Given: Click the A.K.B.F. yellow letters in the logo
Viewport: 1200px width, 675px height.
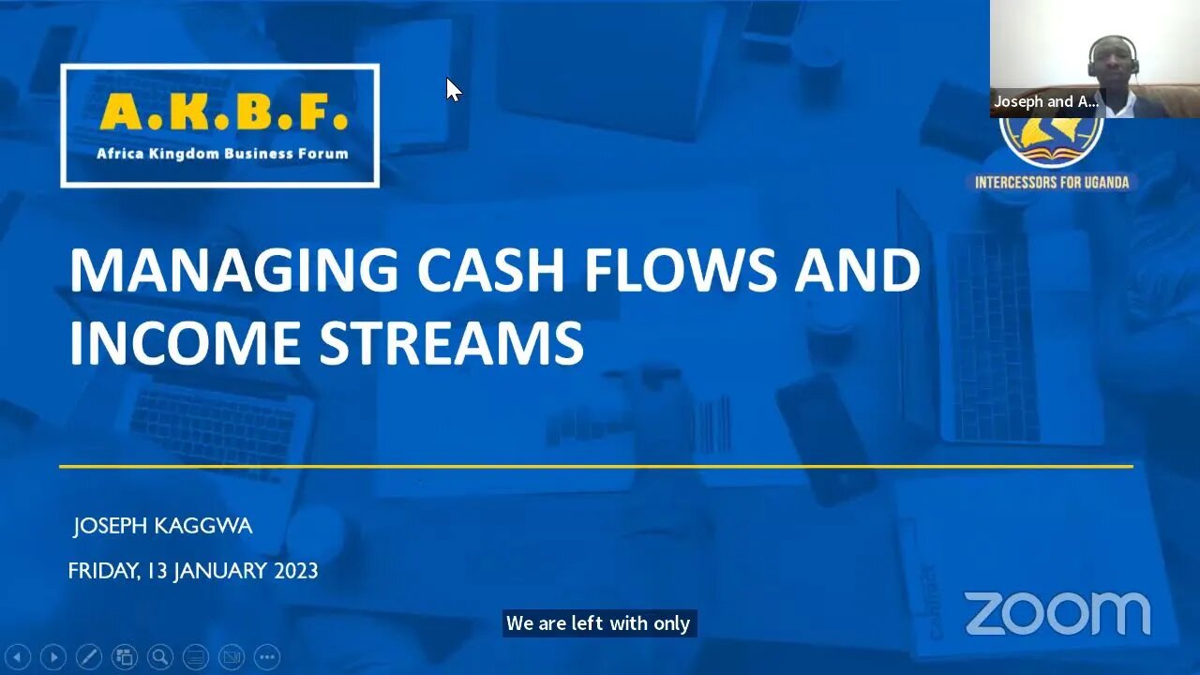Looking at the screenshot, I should [x=223, y=112].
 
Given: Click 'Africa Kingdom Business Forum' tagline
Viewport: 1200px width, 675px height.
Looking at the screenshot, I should [x=222, y=154].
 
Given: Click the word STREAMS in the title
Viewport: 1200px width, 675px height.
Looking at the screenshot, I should [x=452, y=342].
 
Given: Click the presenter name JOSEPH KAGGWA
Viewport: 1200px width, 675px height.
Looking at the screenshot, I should [x=163, y=527].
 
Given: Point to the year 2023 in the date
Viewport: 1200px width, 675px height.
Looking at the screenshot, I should [x=295, y=571].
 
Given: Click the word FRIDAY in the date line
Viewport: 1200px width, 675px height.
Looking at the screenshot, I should [x=101, y=571].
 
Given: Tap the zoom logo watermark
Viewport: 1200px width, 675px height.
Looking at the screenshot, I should [x=1057, y=614].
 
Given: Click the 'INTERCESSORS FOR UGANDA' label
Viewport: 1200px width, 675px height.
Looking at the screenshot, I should [x=1051, y=183].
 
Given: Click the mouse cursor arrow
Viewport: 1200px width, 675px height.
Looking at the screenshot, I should [x=453, y=89].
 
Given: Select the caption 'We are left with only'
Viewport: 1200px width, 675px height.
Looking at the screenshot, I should [x=598, y=623].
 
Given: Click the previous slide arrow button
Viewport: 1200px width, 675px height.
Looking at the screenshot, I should [x=18, y=657].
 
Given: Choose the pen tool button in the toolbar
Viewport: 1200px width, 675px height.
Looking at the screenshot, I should [x=88, y=657].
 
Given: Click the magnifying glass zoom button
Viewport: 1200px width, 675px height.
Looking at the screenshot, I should [x=160, y=657].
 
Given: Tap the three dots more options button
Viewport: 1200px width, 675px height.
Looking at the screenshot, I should [x=266, y=657].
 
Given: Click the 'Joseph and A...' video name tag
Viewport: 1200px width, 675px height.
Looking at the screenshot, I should [x=1045, y=101].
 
